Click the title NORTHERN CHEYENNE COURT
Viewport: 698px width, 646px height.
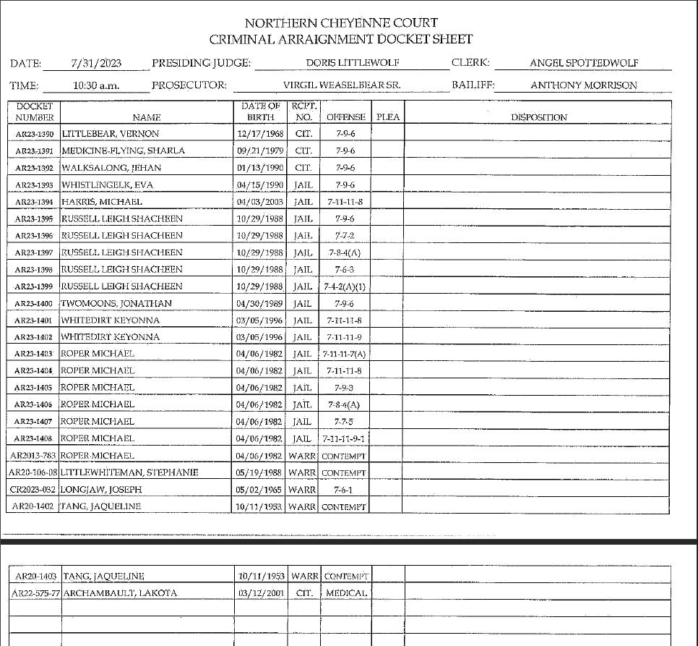click(341, 23)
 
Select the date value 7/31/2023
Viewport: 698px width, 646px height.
click(96, 63)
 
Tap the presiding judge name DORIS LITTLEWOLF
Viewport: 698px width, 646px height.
click(353, 63)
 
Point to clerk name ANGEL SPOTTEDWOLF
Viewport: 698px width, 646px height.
click(584, 63)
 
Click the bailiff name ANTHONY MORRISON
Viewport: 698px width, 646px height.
click(584, 85)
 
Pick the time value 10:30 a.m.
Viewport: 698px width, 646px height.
click(96, 85)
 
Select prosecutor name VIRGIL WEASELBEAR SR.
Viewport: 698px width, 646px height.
click(342, 85)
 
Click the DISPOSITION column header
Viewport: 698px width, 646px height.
click(539, 117)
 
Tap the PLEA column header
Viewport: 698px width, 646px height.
click(388, 117)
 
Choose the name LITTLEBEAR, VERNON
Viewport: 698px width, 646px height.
click(110, 134)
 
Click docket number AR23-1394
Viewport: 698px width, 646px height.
click(35, 202)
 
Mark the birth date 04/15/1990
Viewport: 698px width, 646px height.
click(260, 184)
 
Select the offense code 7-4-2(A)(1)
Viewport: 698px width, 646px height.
click(345, 286)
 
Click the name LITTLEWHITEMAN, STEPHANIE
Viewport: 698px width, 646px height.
click(129, 472)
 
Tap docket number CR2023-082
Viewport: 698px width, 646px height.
click(33, 490)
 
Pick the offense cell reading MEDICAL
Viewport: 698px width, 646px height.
click(346, 593)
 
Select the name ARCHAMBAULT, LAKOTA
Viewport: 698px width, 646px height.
click(120, 593)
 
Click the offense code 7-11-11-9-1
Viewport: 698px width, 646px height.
click(345, 438)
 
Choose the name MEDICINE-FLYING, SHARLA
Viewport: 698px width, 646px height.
click(123, 151)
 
